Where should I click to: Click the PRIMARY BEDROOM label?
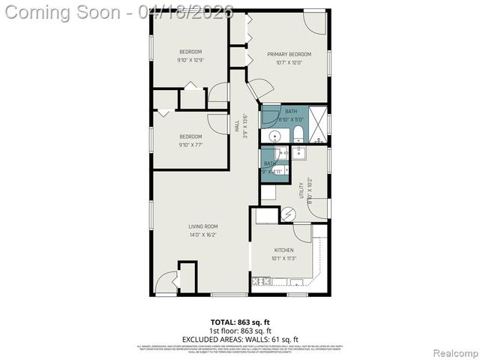[x=289, y=54]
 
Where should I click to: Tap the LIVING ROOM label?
[x=202, y=226]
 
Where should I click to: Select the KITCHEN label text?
[x=283, y=250]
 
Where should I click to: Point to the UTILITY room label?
[x=301, y=189]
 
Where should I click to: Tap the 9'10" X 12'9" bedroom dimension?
[x=190, y=60]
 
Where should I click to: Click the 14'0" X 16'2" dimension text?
[x=202, y=235]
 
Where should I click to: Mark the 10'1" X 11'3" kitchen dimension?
[x=283, y=259]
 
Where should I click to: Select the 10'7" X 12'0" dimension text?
[x=289, y=62]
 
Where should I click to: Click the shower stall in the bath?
[x=319, y=124]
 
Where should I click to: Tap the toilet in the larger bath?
[x=298, y=135]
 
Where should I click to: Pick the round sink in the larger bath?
[x=275, y=136]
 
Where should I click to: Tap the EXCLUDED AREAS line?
[x=240, y=338]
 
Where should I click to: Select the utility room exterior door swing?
[x=317, y=208]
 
